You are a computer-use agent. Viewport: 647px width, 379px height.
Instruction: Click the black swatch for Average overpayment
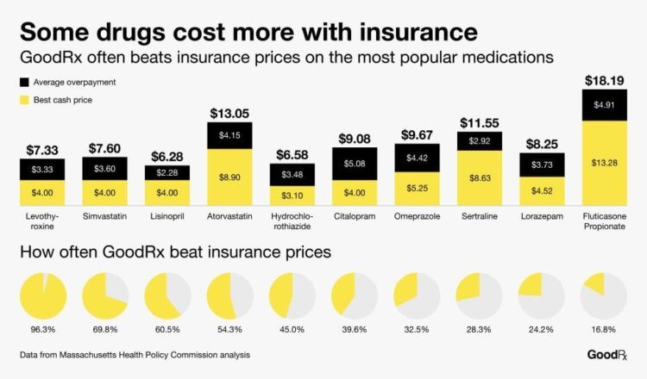point(24,82)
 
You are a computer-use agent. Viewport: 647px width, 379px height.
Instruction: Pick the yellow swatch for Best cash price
point(24,102)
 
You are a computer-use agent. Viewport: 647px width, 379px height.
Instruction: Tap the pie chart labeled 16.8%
point(603,295)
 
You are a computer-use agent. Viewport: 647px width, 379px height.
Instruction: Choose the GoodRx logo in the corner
point(607,355)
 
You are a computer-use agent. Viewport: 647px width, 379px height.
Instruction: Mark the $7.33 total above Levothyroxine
point(41,150)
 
